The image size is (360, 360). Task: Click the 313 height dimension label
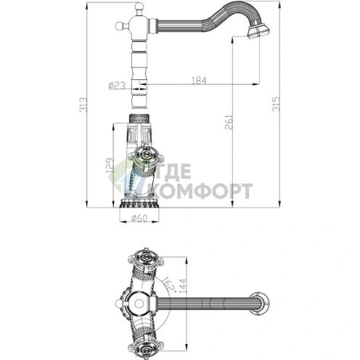tap(83, 105)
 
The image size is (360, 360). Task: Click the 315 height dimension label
tap(276, 104)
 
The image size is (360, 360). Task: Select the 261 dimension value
tap(229, 122)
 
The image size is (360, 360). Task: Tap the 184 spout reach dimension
tap(199, 81)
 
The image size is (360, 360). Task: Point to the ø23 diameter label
tap(117, 85)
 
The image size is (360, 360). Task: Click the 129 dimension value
tap(110, 165)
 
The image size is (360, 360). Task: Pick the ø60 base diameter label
tap(139, 218)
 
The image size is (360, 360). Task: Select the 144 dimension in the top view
tap(183, 286)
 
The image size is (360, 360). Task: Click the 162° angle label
tap(168, 284)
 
